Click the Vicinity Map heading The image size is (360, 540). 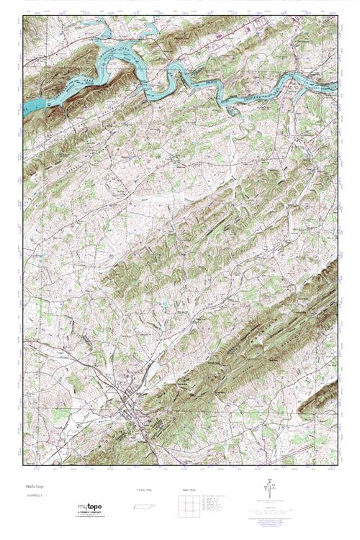click(145, 490)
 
